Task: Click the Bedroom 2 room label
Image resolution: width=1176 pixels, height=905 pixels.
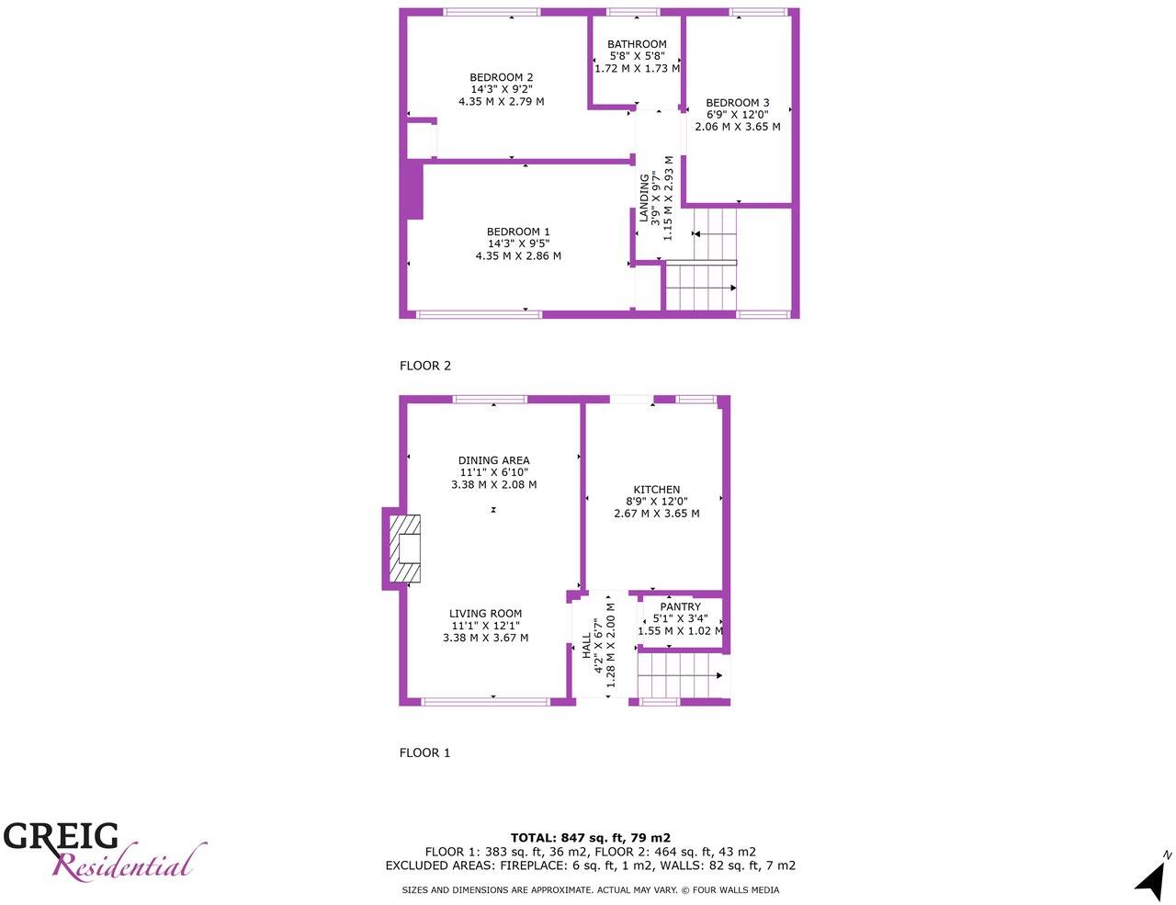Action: coord(501,78)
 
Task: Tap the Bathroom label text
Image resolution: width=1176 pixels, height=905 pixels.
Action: coord(637,44)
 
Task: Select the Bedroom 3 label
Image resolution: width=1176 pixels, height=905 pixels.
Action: coord(737,103)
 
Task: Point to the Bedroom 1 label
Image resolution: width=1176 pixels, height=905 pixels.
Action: coord(518,232)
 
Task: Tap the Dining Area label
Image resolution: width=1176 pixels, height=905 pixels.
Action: coord(493,461)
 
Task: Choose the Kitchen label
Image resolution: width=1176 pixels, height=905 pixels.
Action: coord(656,491)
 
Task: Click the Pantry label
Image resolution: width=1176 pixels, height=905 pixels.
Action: coord(680,607)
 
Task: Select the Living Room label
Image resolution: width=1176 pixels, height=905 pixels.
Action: coord(485,614)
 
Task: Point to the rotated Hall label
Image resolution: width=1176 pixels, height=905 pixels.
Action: coord(587,645)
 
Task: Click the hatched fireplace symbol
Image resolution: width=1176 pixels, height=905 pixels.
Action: coord(404,549)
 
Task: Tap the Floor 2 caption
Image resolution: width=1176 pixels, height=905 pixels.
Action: coord(425,366)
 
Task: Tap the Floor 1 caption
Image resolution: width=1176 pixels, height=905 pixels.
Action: coord(424,753)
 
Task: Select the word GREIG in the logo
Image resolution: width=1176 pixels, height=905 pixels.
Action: coord(61,837)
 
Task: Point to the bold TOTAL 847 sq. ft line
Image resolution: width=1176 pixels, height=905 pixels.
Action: coord(590,838)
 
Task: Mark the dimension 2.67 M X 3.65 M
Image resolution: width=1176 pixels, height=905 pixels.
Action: coord(656,514)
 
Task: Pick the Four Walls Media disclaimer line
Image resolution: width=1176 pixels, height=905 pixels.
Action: coord(590,890)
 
